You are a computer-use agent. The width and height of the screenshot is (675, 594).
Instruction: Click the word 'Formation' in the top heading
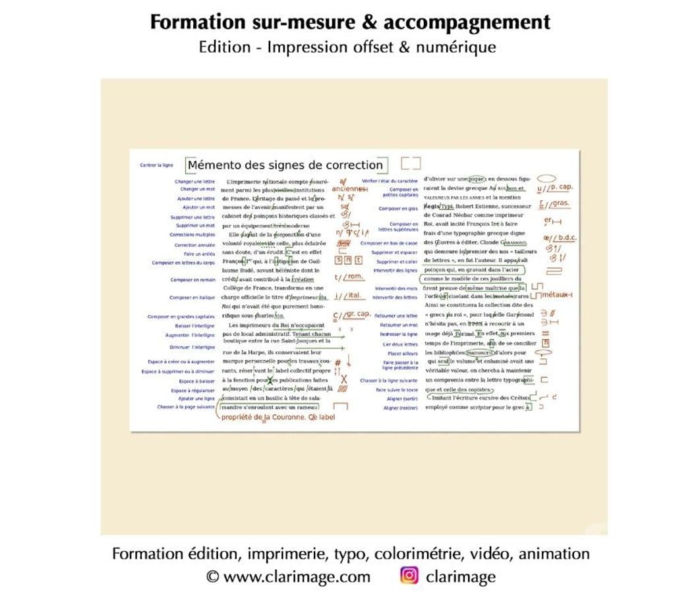(188, 22)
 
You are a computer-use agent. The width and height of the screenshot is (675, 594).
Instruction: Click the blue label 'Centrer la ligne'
(156, 165)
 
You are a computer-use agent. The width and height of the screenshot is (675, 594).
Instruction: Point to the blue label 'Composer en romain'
(192, 280)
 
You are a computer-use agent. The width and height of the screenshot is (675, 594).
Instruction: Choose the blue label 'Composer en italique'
(192, 298)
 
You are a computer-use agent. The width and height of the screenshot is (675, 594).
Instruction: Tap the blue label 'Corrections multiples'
(192, 234)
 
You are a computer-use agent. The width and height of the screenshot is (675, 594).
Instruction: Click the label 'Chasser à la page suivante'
(186, 407)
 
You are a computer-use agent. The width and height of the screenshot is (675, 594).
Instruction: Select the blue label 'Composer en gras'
(398, 209)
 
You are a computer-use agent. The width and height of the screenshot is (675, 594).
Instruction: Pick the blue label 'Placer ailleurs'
(403, 354)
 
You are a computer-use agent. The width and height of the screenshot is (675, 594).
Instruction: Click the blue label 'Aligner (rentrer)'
(401, 408)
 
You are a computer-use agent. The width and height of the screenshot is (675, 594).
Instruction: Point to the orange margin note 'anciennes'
(349, 189)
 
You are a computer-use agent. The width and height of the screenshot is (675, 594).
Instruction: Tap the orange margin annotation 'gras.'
(560, 203)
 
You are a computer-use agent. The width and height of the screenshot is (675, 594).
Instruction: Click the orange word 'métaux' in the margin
(555, 294)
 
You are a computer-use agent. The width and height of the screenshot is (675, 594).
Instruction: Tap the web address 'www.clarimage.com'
(297, 577)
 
